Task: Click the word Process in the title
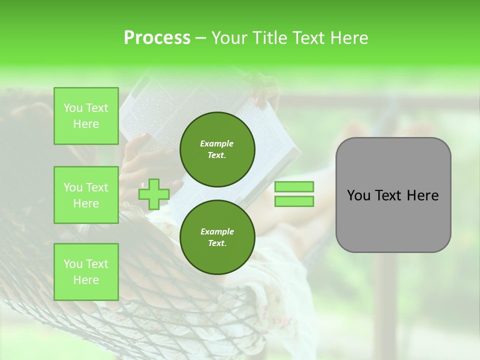[157, 38]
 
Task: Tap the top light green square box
[86, 116]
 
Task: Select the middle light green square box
[86, 195]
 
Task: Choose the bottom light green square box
[86, 272]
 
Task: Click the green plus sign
[153, 194]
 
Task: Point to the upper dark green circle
[217, 149]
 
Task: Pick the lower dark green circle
[217, 237]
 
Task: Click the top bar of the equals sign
[294, 186]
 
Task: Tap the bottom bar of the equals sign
[294, 201]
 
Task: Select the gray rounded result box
[393, 195]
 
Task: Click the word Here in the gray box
[423, 195]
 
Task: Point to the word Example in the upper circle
[216, 143]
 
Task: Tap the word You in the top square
[73, 108]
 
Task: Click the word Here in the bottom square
[86, 280]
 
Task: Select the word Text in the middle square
[97, 187]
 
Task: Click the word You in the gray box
[358, 195]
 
